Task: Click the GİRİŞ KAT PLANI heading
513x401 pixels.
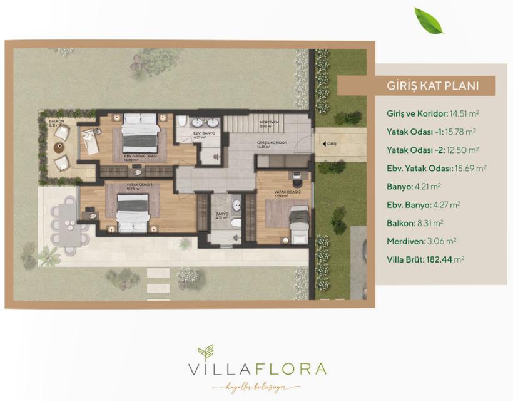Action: point(424,86)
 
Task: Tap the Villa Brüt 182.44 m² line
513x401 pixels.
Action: point(425,259)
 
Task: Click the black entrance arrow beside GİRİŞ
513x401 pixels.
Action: point(322,143)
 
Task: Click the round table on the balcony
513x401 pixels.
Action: point(58,147)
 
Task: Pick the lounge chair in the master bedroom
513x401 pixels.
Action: point(89,140)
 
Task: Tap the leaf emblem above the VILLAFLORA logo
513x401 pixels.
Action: point(206,352)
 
